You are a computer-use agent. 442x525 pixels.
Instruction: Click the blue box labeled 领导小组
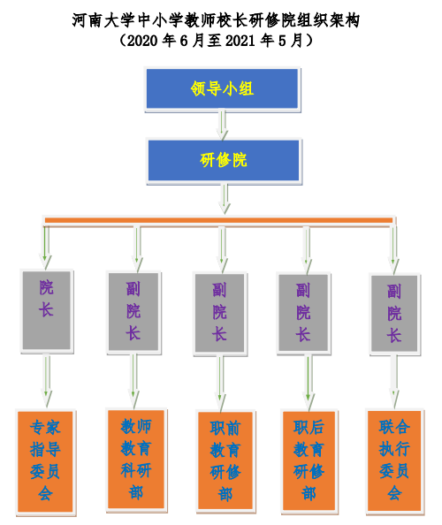(x=223, y=88)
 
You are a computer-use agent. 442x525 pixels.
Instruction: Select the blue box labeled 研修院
(x=224, y=160)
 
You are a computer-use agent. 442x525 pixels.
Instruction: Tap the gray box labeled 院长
(x=47, y=310)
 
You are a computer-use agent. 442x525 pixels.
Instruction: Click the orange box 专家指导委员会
(x=45, y=461)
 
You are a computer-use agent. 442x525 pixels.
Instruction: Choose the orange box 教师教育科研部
(x=136, y=460)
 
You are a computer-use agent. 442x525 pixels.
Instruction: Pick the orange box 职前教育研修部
(x=225, y=460)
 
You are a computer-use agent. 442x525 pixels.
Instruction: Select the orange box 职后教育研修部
(x=309, y=460)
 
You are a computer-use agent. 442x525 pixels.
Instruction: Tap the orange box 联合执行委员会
(x=394, y=460)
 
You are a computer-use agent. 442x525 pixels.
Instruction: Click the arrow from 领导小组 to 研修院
(x=223, y=125)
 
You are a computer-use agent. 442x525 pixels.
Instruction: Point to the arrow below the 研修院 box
(x=225, y=198)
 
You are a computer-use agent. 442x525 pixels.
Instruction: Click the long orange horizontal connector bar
(x=218, y=220)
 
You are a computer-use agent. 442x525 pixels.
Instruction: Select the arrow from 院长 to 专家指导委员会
(x=47, y=380)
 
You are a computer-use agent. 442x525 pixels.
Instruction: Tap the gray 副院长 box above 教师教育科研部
(x=133, y=312)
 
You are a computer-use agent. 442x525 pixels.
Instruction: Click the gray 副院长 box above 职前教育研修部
(x=219, y=313)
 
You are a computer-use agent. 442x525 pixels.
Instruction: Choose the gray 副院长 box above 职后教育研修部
(x=303, y=313)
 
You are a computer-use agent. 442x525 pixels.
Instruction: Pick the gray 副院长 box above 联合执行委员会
(x=394, y=314)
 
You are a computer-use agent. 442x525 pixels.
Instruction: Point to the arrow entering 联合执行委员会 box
(x=394, y=381)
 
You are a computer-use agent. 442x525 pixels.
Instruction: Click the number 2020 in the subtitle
(x=142, y=42)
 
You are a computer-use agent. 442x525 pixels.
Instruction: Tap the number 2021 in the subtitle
(x=240, y=42)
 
